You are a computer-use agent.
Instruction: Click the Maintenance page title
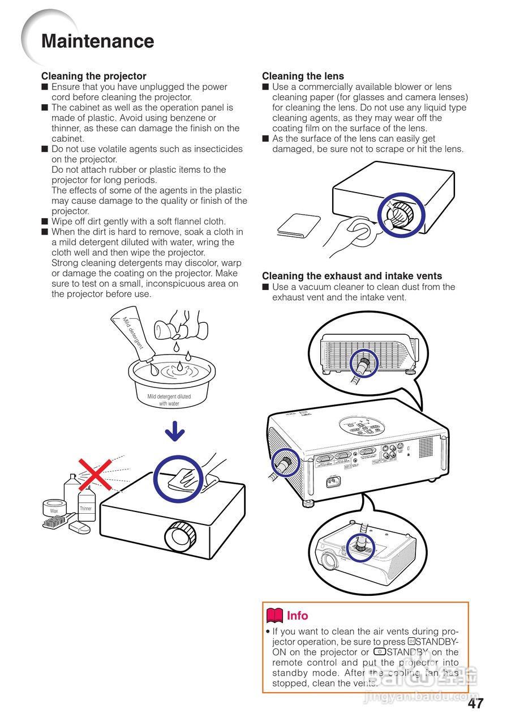click(x=97, y=41)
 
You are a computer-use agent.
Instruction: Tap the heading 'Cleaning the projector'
click(x=93, y=76)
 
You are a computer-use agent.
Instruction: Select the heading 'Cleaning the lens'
click(x=303, y=76)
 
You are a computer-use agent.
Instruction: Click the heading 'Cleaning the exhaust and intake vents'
click(x=351, y=276)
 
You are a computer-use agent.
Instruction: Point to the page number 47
click(x=475, y=703)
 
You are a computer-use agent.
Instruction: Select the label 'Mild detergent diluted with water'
click(x=169, y=400)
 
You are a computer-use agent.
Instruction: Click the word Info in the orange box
click(x=297, y=616)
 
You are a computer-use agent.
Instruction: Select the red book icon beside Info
click(x=274, y=616)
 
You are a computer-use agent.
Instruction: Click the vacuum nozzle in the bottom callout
click(x=360, y=545)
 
